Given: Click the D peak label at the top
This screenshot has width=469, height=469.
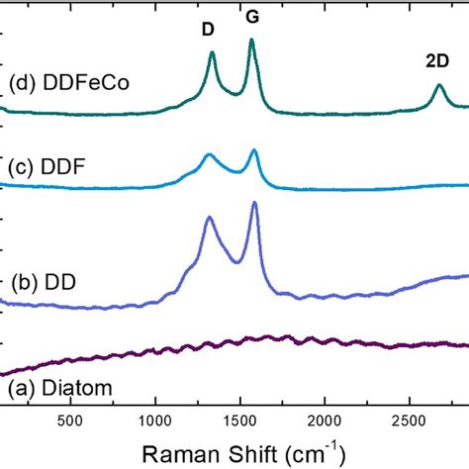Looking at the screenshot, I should coord(208,30).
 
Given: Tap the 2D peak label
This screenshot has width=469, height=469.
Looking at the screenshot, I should coord(436,60).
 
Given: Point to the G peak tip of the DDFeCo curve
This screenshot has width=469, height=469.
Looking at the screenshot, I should coord(251,40).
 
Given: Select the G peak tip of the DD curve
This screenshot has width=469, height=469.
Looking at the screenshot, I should coord(255,203).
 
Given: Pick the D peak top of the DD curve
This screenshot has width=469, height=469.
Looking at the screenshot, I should coord(209,218).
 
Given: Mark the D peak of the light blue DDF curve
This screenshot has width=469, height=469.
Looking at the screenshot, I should coord(209,155).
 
